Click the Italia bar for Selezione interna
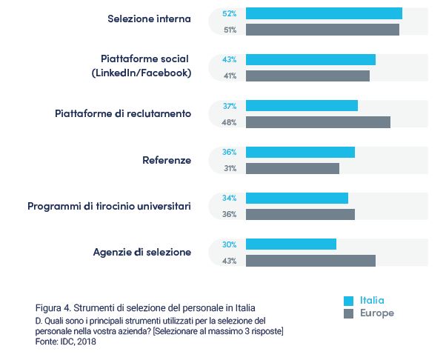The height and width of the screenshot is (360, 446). (324, 13)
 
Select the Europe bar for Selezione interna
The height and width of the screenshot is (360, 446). (322, 30)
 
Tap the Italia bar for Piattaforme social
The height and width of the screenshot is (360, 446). (310, 59)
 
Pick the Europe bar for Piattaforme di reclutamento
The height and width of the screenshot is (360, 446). (318, 122)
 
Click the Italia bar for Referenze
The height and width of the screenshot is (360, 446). (300, 152)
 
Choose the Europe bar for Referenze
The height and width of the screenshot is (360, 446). (292, 168)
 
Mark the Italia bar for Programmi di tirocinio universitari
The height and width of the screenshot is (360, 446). (296, 199)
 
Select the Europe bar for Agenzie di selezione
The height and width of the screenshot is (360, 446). (310, 261)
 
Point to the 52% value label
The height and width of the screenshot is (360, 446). (229, 13)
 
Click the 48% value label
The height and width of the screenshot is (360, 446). (229, 122)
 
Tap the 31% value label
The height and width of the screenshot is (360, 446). (229, 168)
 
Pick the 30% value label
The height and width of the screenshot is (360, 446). (229, 244)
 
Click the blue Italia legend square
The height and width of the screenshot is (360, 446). (348, 301)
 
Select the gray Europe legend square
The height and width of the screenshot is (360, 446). (348, 313)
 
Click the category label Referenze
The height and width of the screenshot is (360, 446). (167, 160)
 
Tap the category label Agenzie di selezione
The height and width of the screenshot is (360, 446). (142, 252)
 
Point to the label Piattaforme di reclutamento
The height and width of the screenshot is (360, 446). (123, 114)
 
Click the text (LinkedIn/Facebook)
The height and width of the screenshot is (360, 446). (142, 73)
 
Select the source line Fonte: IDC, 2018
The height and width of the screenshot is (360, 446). (66, 341)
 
